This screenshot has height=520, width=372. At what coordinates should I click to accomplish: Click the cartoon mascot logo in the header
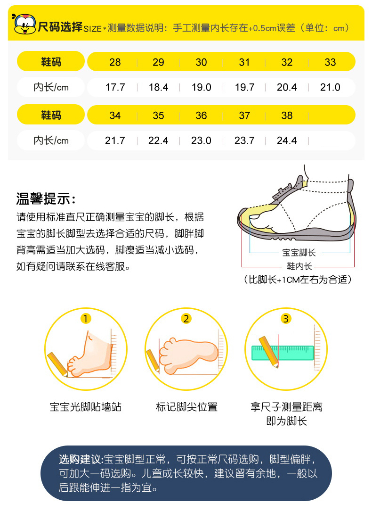(24, 24)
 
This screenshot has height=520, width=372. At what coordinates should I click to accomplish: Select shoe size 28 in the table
(115, 62)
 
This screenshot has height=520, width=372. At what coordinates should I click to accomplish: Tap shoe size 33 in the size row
(330, 62)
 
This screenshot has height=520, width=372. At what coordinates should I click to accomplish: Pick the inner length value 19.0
(201, 87)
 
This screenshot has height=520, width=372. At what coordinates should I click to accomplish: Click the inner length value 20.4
(287, 87)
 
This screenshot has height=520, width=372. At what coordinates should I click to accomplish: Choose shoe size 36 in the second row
(201, 116)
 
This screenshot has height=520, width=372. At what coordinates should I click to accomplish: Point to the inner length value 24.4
(287, 140)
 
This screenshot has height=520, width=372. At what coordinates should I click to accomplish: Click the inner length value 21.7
(115, 140)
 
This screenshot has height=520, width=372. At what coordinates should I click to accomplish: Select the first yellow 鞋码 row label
(51, 61)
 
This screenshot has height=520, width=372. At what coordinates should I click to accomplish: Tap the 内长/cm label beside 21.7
(51, 140)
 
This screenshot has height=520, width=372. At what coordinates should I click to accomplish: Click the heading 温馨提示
(46, 199)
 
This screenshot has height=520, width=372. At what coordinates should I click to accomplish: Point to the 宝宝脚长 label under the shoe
(299, 253)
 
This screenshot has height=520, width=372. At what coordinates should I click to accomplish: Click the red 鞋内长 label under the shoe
(299, 266)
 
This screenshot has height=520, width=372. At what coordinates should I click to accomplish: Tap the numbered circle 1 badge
(85, 319)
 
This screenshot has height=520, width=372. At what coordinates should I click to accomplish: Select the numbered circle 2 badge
(186, 319)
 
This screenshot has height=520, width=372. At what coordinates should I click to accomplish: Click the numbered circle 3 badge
(285, 319)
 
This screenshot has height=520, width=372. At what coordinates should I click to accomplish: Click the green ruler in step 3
(283, 353)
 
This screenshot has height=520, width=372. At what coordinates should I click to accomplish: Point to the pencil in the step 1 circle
(57, 364)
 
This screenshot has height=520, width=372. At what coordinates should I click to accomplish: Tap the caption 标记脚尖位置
(186, 407)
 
